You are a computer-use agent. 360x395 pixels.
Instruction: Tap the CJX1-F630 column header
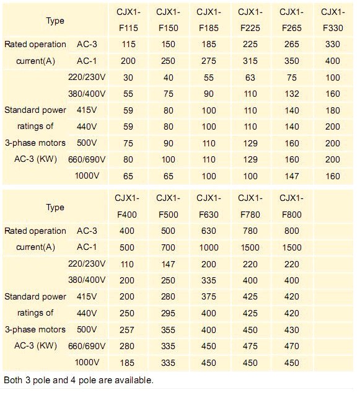(209, 206)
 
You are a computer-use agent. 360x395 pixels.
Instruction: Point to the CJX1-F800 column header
(292, 206)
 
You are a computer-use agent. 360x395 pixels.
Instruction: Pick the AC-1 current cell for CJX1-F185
(209, 61)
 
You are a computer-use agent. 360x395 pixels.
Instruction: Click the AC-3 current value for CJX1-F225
(250, 44)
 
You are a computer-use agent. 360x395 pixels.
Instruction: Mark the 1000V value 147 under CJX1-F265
(292, 176)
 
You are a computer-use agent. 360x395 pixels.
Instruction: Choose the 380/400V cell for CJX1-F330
(333, 94)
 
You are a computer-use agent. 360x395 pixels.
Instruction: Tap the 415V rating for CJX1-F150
(168, 110)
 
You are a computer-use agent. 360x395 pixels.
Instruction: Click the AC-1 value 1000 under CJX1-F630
(209, 247)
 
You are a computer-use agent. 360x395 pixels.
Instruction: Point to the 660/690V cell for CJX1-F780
(250, 346)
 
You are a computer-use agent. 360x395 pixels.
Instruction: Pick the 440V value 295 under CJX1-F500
(168, 313)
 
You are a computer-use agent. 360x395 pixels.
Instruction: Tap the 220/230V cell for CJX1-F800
(292, 264)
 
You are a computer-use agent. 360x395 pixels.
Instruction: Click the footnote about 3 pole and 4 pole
(79, 379)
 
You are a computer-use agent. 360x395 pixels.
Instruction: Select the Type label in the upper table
(55, 20)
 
